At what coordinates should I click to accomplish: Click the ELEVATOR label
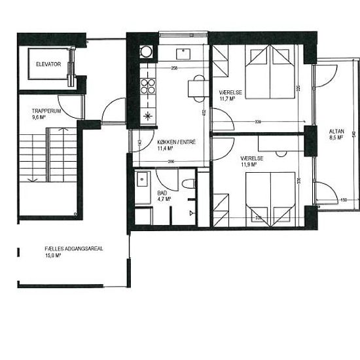[x=49, y=64]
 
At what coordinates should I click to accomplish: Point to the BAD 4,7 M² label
[x=164, y=196]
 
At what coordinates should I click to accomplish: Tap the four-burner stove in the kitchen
[x=149, y=86]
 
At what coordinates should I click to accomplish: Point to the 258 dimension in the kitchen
[x=175, y=68]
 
